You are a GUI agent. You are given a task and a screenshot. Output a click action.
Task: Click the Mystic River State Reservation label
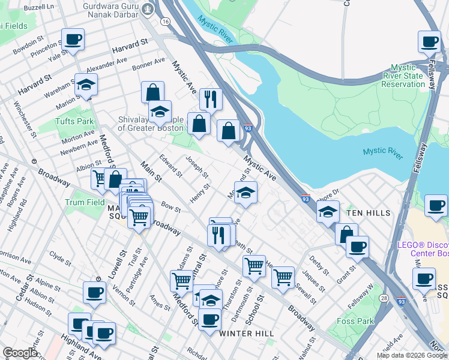(x=407, y=76)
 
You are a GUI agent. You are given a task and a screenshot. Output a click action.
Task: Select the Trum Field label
(x=85, y=203)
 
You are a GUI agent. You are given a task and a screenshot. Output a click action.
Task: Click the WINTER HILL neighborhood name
(x=246, y=333)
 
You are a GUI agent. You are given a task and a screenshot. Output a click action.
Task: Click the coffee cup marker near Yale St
(x=73, y=41)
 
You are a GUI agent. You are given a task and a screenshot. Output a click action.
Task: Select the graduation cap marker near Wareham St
(x=86, y=86)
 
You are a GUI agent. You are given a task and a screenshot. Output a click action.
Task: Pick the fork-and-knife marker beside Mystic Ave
(x=211, y=99)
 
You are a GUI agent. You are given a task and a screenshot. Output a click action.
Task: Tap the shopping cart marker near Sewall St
(x=283, y=277)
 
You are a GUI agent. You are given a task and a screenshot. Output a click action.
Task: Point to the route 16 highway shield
(x=164, y=21)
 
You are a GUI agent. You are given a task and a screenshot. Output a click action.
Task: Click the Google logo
(x=20, y=353)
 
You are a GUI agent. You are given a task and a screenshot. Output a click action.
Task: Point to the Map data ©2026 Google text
(x=411, y=355)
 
